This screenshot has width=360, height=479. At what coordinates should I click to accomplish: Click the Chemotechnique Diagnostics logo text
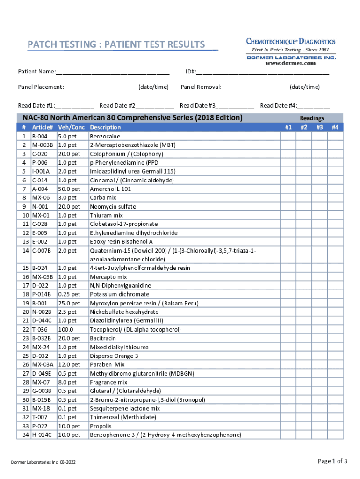click(291, 41)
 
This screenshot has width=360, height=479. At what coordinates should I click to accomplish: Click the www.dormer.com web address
click(290, 63)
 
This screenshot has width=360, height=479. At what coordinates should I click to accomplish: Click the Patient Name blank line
click(112, 72)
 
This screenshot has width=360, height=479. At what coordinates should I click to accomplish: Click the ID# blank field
click(262, 72)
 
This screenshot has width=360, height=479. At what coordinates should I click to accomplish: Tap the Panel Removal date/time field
click(255, 87)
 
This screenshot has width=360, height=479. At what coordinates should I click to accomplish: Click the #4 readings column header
click(335, 127)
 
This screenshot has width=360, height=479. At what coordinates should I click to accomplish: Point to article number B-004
click(40, 136)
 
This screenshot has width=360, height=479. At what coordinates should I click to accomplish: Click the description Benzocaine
click(105, 136)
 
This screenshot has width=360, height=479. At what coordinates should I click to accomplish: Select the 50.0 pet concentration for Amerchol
click(69, 189)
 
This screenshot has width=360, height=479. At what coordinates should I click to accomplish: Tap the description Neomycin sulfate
click(113, 206)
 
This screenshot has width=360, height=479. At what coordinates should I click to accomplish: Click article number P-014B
click(42, 294)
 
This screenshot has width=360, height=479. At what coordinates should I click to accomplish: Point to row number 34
click(24, 435)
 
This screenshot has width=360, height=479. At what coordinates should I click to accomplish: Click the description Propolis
click(101, 426)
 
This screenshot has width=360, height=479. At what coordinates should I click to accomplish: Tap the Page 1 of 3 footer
click(332, 461)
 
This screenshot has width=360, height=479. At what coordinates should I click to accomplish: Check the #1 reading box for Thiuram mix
click(288, 215)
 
